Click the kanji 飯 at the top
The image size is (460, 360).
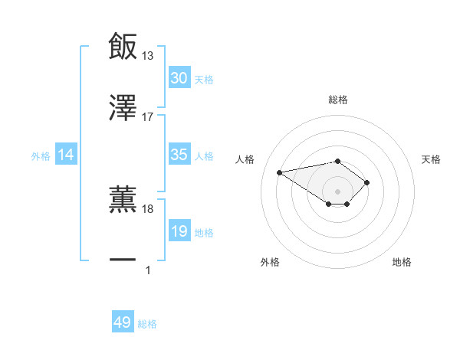point(123,45)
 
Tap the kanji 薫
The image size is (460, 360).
point(123,198)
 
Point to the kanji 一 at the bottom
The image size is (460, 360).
point(123,260)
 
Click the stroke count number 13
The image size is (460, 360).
point(148,55)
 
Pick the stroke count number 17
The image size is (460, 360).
point(148,117)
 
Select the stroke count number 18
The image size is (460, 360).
point(148,208)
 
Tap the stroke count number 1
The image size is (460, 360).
point(148,270)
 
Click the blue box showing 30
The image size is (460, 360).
point(179,78)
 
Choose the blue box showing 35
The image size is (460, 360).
point(179,155)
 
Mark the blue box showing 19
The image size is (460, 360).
point(179,231)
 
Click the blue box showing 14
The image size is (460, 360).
point(66,155)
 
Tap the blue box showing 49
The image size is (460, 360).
point(123,323)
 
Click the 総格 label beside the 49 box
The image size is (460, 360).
point(147,324)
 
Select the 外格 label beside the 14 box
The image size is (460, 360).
point(41,155)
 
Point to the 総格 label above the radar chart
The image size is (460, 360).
point(337,100)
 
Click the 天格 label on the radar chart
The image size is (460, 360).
point(432,159)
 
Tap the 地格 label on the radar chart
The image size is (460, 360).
point(402,262)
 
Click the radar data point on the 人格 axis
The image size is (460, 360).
point(280,172)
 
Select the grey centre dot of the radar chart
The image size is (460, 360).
point(337,191)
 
